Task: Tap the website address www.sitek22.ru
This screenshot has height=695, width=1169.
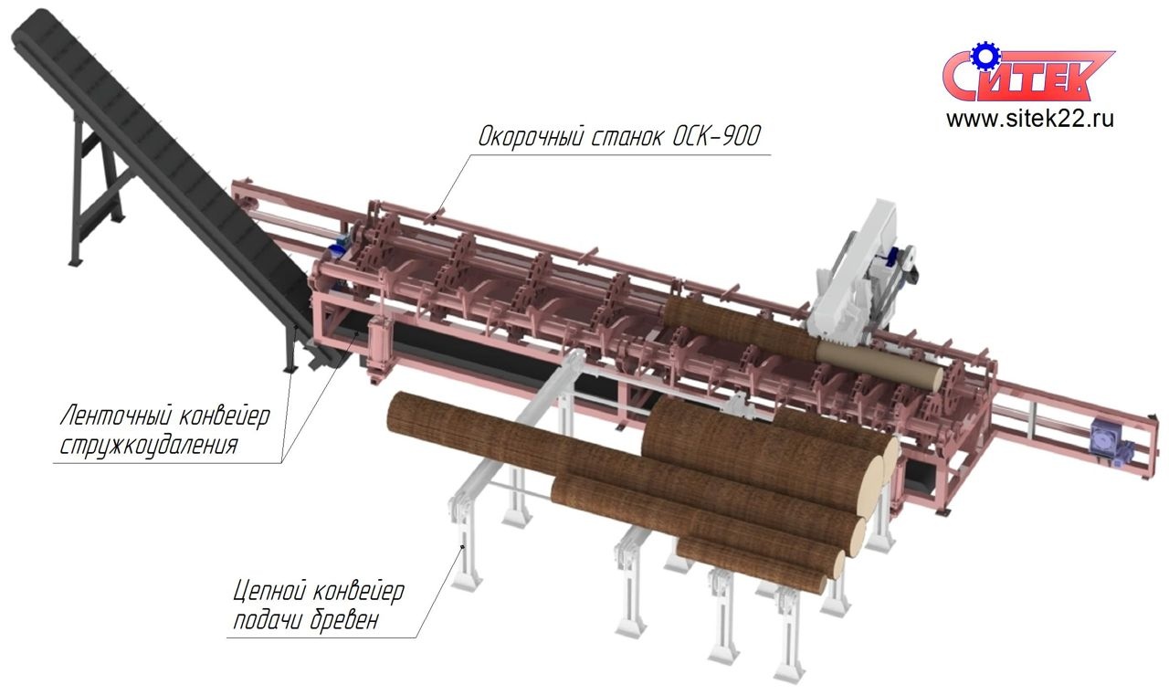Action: click(x=1030, y=119)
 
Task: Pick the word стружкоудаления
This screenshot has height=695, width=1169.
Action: click(x=149, y=446)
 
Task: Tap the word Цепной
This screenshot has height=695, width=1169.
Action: click(x=269, y=592)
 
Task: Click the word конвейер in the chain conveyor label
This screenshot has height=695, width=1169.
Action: click(x=359, y=592)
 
